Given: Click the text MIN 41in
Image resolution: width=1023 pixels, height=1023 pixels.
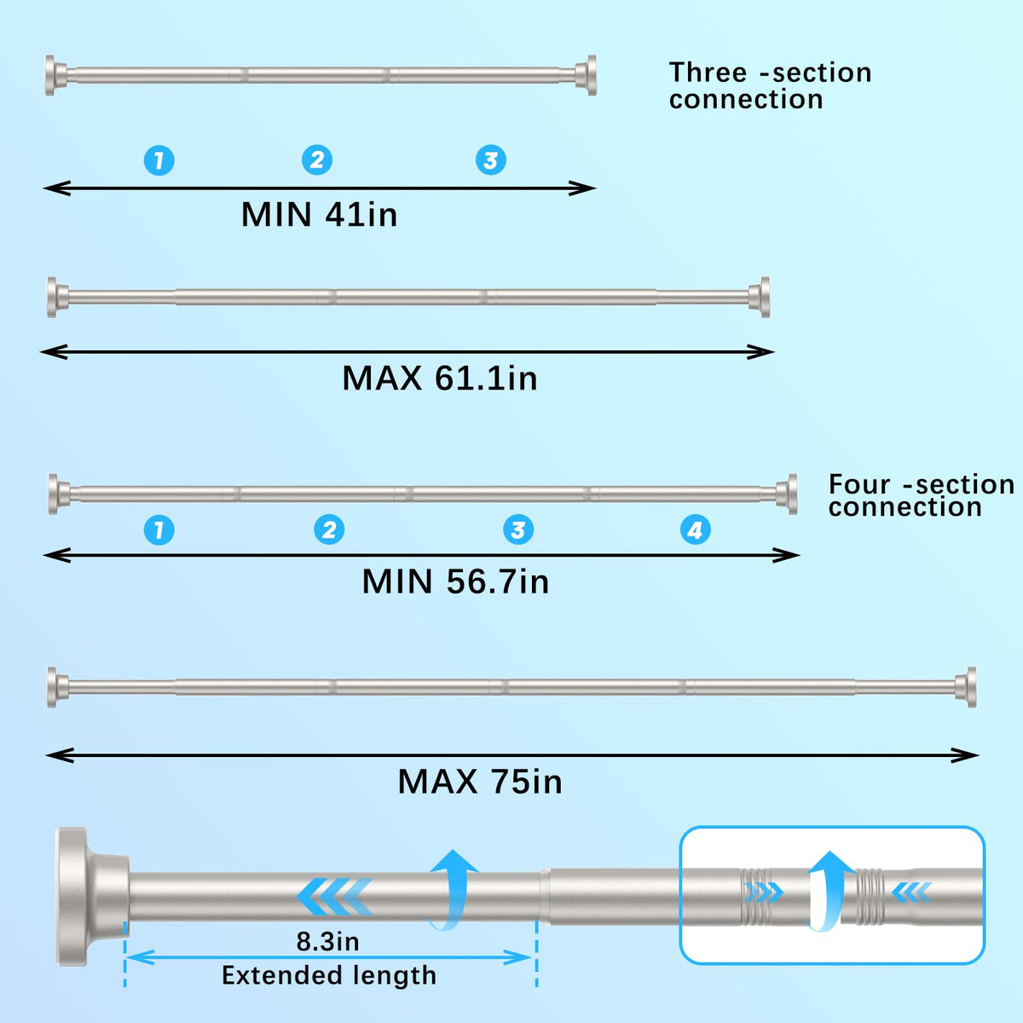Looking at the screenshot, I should coord(320,215).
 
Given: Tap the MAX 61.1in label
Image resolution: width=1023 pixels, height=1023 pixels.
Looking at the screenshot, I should coord(440,379).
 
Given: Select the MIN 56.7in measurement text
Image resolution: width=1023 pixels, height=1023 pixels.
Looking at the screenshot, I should coord(455,582).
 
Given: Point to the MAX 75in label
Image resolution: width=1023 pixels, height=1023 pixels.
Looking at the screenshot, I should coord(480,782).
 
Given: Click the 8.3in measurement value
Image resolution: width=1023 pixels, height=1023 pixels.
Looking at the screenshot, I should coord(328,942).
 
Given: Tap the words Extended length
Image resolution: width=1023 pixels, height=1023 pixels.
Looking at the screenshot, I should coord(329,975).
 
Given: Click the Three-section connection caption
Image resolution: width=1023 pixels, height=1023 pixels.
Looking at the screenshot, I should coord(770,86).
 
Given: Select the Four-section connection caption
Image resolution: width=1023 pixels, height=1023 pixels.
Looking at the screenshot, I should coord(921,495).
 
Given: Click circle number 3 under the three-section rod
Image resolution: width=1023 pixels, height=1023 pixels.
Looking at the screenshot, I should coord(491,160).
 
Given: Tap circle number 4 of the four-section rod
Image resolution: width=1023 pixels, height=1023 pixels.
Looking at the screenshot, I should coord(696,530).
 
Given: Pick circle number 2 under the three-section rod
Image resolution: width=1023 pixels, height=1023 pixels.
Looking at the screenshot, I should coord(317,160).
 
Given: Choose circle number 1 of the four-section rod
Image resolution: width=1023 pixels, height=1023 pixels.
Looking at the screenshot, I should coord(159,530).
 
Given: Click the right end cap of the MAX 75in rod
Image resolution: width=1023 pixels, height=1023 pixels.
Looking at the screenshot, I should coord(967,687).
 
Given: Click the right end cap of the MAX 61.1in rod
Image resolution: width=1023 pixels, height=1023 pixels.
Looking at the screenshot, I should coord(760,298).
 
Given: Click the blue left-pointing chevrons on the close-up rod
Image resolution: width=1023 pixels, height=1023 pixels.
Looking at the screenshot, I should coord(335,896).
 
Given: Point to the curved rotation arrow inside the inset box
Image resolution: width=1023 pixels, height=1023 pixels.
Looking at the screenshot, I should coord(829,891).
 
